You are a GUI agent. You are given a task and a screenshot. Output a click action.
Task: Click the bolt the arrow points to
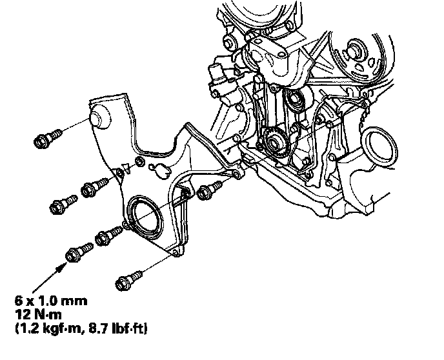(79, 252)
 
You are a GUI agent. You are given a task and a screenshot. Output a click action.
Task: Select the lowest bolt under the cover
(129, 280)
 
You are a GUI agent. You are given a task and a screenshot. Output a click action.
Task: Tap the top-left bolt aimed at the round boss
(48, 138)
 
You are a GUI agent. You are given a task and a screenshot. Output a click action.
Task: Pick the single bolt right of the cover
(209, 190)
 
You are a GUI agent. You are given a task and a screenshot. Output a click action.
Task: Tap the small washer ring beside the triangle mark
(140, 162)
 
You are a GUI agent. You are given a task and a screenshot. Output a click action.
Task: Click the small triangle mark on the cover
(126, 168)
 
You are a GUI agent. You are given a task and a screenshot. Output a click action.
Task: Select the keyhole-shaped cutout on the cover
(160, 171)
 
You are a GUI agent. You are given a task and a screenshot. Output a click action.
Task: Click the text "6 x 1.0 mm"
(51, 301)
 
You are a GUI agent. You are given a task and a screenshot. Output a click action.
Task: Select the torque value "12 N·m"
(38, 314)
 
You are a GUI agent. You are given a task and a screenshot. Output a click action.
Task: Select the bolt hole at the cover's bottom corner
(176, 252)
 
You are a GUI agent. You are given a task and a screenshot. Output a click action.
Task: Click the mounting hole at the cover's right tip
(237, 175)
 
